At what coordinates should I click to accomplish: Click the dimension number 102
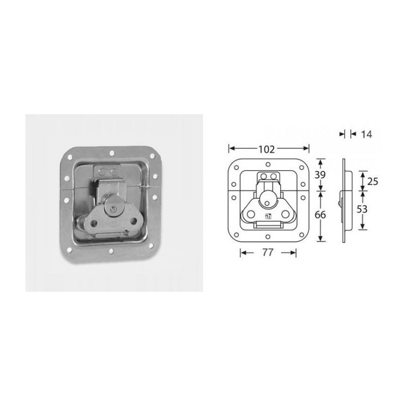coord(266,149)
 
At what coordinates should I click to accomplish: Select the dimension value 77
coord(267,253)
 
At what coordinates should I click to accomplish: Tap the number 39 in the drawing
coord(320,175)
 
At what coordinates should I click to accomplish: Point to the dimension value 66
coord(320,214)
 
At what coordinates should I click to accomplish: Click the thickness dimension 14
coord(367,134)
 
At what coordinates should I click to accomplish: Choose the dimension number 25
coord(373,181)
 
